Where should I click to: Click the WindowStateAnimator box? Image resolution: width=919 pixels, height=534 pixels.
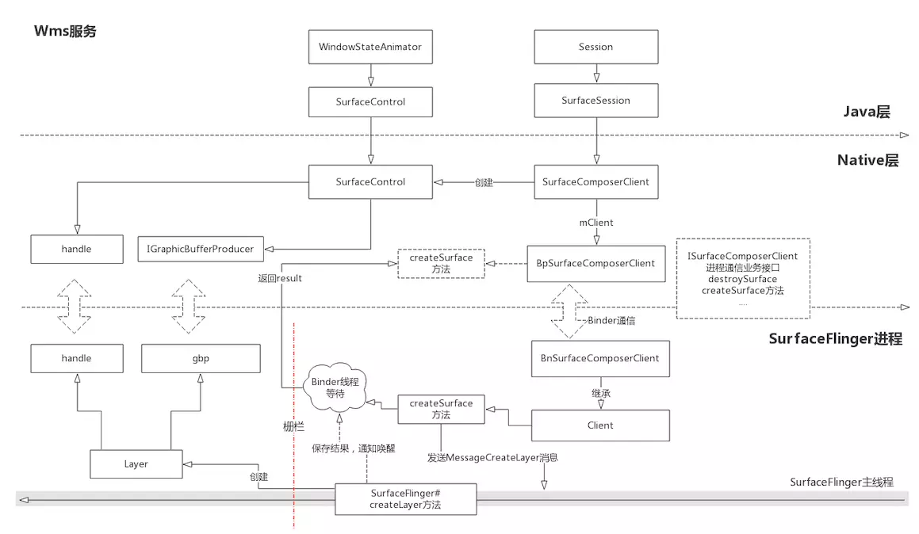coord(370,47)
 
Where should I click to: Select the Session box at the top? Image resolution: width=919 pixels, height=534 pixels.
coord(595,47)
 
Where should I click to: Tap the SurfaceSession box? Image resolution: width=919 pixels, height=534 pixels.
coord(595,101)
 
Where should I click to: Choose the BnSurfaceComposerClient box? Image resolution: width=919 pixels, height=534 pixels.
coord(599,358)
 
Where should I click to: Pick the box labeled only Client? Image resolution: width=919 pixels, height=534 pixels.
coord(599,425)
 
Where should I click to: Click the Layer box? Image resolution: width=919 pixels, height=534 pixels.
coord(136,464)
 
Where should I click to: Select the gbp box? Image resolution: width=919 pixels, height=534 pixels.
coord(201,358)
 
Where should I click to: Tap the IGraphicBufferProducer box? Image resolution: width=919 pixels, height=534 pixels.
coord(201,249)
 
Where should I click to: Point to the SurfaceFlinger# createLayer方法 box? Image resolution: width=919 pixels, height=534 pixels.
coord(405,499)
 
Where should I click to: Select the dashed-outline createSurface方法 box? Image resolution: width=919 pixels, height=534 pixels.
coord(441,263)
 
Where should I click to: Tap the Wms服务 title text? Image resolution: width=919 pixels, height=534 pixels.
coord(65,32)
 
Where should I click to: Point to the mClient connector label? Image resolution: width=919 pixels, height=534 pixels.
coord(595,223)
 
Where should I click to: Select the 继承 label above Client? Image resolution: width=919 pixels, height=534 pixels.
coord(599,392)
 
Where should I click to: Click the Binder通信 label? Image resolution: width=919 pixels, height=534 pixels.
coord(611,321)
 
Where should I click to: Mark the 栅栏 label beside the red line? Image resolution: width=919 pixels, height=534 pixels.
coord(294,425)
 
